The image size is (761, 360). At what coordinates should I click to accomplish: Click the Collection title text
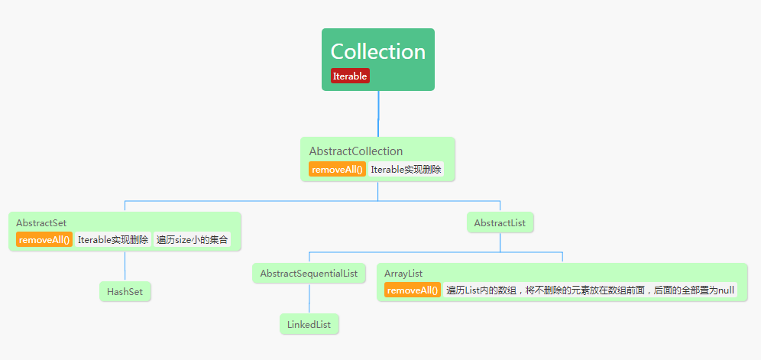point(377,52)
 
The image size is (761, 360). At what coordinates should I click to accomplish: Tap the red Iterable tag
point(350,76)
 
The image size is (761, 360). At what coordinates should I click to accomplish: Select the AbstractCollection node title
point(355,151)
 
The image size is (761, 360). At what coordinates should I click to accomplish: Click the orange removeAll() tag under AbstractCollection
point(336,170)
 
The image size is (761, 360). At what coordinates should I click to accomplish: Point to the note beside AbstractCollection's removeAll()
point(406,170)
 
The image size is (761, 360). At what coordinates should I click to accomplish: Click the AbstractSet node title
point(41,222)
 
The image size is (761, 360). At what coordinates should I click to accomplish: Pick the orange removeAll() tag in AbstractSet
point(44,240)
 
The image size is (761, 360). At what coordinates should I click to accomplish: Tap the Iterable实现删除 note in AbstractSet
point(113,240)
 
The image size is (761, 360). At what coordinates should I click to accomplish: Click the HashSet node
point(125,291)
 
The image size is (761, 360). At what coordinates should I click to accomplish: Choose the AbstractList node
point(500,223)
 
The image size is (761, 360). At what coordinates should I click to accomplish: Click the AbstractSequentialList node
point(309,273)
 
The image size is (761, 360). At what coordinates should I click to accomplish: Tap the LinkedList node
point(309,325)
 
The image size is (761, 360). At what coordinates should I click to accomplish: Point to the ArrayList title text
point(403,273)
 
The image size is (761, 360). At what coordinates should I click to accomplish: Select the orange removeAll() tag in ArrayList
point(413,290)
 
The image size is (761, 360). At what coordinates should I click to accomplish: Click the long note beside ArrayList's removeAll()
point(590,290)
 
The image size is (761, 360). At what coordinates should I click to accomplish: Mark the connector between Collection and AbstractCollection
point(378,114)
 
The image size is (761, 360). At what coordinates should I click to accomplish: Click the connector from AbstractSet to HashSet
point(125,266)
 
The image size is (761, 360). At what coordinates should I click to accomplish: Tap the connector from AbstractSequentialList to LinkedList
point(309,299)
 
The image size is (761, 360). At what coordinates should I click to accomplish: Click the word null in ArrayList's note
point(727,290)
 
